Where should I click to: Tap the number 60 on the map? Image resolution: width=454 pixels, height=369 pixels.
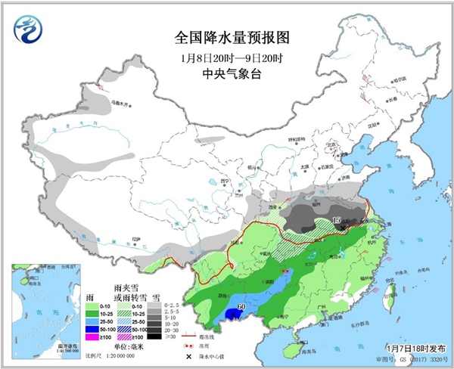241,306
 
